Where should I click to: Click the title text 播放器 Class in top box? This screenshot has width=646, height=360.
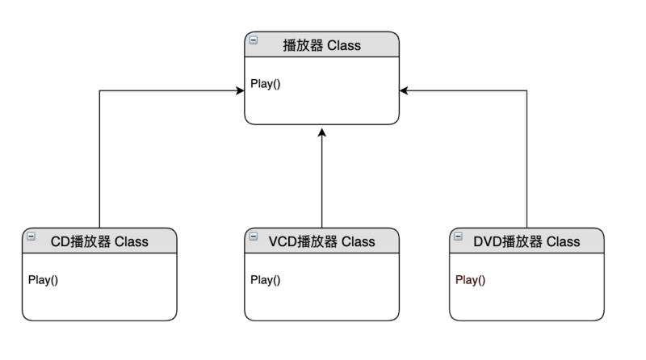[x=322, y=45]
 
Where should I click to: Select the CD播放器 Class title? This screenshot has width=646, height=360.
[x=99, y=241]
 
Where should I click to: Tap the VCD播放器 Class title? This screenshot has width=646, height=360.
[x=321, y=241]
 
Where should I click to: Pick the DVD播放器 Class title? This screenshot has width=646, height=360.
[x=526, y=241]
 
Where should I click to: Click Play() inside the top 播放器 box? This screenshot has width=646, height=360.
[x=265, y=83]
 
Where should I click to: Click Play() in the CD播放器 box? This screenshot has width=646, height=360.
[x=44, y=280]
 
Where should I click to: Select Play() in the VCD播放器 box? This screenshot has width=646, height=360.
[x=265, y=280]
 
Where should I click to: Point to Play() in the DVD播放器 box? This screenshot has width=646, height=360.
[x=471, y=280]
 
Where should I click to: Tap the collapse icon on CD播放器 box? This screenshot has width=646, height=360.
[x=31, y=236]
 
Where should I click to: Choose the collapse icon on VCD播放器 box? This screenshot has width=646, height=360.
[x=254, y=236]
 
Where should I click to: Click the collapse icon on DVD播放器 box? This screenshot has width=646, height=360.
[x=459, y=236]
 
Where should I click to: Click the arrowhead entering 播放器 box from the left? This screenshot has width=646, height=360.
[x=241, y=91]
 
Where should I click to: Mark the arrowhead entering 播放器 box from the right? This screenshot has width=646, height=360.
[x=404, y=91]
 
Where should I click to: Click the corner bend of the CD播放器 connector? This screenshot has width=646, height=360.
[x=99, y=91]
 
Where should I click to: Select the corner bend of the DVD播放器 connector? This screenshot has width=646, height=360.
[x=527, y=91]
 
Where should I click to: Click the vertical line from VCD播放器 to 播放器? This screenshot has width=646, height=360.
[x=321, y=182]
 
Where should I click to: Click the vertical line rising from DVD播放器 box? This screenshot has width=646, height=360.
[x=527, y=161]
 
